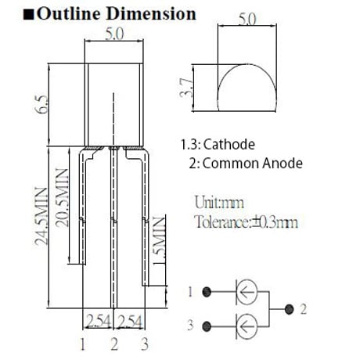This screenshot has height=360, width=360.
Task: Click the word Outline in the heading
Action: [69, 14]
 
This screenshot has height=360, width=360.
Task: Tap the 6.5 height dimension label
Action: [41, 105]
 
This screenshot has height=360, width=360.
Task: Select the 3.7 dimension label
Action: [186, 88]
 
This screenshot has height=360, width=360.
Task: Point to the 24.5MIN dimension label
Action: [41, 217]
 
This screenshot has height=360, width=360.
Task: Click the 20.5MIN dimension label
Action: [62, 197]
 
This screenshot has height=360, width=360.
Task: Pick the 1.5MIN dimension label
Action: [159, 240]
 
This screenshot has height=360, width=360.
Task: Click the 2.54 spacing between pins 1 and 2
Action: [99, 321]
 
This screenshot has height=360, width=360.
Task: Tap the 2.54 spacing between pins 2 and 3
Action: [130, 321]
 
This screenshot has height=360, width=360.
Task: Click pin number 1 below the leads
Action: [83, 344]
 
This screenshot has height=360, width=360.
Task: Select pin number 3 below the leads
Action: [145, 344]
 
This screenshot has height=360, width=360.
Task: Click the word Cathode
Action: [229, 145]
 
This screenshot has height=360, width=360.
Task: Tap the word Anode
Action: [283, 164]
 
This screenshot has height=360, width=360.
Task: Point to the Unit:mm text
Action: [219, 202]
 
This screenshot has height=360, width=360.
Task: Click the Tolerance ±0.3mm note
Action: [247, 222]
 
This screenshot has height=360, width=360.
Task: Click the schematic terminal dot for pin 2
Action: [289, 310]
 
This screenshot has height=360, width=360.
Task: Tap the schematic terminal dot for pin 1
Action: [207, 292]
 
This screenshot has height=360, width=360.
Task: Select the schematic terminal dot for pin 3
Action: [207, 326]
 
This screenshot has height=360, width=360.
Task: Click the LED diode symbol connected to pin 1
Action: [247, 292]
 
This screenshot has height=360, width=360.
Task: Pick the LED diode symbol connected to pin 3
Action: [247, 326]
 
